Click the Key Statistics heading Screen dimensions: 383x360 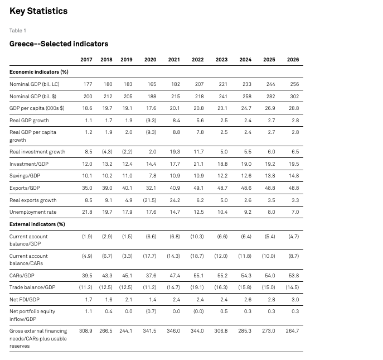(38, 11)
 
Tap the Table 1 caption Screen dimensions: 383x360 (18, 31)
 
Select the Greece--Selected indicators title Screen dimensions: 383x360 (59, 44)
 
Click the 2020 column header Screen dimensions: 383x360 (150, 60)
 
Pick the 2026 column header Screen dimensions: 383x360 (293, 60)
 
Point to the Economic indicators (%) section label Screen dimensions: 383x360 (39, 72)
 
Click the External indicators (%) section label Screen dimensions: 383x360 (37, 224)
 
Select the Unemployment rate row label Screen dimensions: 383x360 (33, 212)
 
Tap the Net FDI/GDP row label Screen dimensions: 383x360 (25, 300)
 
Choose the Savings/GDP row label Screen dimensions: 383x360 (25, 176)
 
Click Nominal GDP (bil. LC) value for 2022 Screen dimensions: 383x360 (200, 84)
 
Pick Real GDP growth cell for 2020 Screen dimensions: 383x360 (151, 121)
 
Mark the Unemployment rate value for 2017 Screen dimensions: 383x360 (87, 212)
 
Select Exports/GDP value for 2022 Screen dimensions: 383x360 (198, 188)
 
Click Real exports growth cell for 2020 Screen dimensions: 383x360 (149, 200)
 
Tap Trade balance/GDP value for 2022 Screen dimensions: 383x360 (197, 287)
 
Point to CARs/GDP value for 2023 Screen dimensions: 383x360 (222, 276)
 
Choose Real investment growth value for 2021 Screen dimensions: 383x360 (175, 152)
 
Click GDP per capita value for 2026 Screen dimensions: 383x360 (294, 108)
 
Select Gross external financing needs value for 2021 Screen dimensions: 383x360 (173, 331)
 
